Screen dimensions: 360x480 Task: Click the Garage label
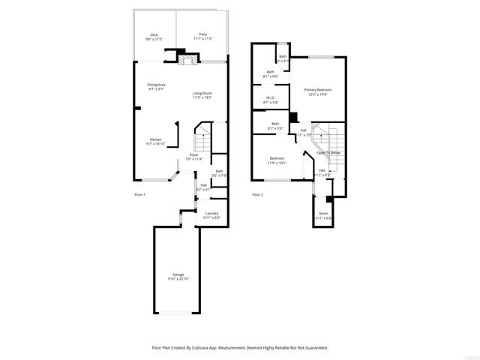click(178, 274)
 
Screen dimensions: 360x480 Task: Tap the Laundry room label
click(211, 213)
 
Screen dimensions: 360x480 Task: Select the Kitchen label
click(155, 139)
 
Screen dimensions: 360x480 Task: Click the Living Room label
click(202, 93)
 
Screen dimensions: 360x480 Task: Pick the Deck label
click(154, 34)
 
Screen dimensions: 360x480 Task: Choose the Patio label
click(202, 34)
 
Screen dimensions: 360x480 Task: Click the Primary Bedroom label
click(318, 90)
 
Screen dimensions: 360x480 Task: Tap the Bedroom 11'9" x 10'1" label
click(277, 158)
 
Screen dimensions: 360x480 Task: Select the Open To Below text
click(328, 152)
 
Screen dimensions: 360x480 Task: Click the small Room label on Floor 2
click(323, 213)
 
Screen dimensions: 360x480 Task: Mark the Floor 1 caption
click(139, 195)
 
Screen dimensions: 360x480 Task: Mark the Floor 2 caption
click(257, 195)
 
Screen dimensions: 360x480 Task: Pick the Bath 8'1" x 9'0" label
click(271, 72)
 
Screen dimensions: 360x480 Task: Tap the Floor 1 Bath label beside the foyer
click(219, 172)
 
